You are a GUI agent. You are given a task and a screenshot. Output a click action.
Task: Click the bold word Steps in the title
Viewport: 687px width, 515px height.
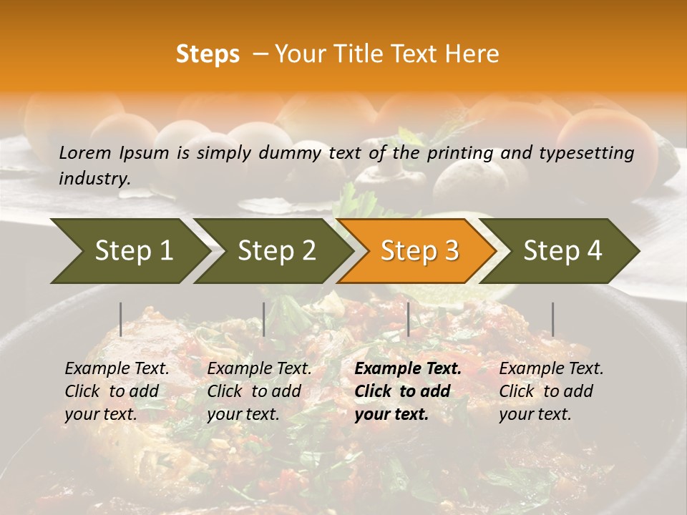[208, 54]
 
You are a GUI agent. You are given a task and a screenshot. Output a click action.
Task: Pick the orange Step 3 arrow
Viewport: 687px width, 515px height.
[419, 251]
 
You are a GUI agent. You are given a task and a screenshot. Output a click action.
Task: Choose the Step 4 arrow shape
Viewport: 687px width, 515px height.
[562, 251]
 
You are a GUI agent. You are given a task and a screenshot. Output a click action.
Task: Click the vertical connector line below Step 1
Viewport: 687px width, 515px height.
[121, 319]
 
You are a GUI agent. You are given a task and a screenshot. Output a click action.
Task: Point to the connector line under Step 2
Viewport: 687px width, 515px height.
[264, 319]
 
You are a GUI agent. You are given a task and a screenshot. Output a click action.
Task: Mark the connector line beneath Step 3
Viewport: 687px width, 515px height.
[408, 319]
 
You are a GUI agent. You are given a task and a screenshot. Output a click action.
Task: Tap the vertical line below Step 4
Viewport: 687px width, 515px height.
[552, 319]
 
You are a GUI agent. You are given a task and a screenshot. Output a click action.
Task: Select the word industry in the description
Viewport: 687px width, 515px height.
[93, 178]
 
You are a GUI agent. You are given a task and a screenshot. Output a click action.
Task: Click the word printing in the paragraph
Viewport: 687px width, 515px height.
[449, 152]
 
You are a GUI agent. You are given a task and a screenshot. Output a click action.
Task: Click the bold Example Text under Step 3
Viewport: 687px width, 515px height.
[408, 368]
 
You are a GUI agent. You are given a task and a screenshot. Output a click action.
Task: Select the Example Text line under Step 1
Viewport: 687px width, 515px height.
[117, 368]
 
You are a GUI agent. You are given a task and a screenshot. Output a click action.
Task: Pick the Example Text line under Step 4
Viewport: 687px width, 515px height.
[551, 368]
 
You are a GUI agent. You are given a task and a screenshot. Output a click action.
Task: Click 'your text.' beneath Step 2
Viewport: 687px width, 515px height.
[243, 414]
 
